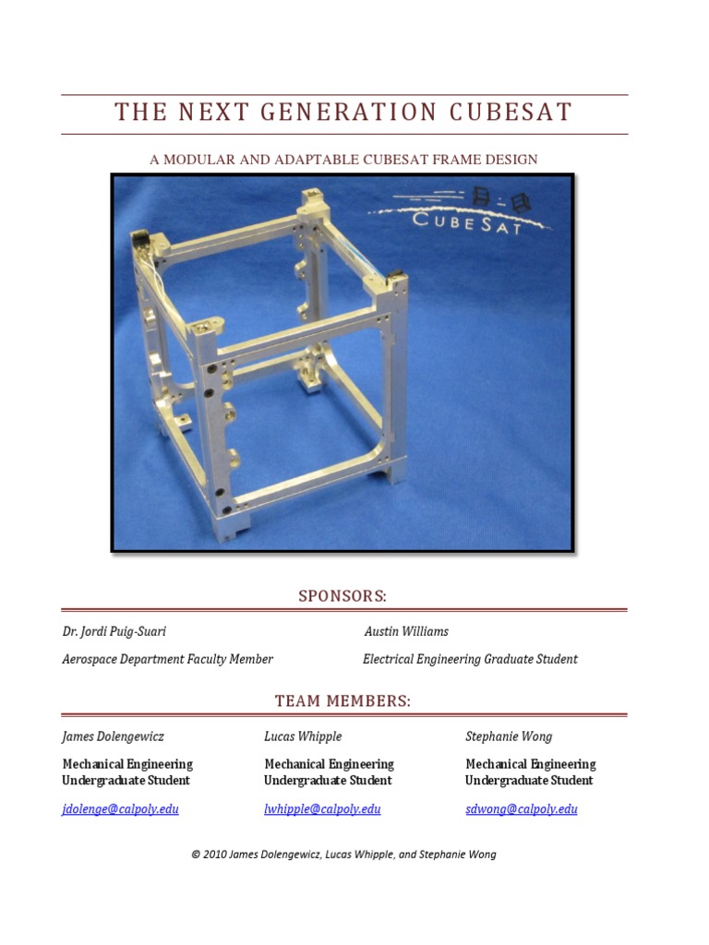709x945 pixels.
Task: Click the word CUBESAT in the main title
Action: pyautogui.click(x=511, y=113)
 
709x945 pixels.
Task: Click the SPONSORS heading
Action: pyautogui.click(x=342, y=596)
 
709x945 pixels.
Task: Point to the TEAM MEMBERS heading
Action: pyautogui.click(x=342, y=701)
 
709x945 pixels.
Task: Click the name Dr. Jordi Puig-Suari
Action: pyautogui.click(x=114, y=632)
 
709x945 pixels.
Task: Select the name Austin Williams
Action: pyautogui.click(x=406, y=632)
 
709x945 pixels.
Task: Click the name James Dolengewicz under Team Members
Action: pyautogui.click(x=114, y=736)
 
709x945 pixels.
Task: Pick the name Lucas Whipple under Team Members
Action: pyautogui.click(x=303, y=736)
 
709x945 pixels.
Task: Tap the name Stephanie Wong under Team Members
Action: pyautogui.click(x=509, y=736)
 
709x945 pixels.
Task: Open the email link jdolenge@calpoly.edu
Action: pyautogui.click(x=120, y=809)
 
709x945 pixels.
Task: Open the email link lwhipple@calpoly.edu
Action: pyautogui.click(x=322, y=809)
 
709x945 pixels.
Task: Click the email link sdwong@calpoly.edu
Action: pyautogui.click(x=522, y=809)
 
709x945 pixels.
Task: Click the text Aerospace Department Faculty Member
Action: pyautogui.click(x=167, y=659)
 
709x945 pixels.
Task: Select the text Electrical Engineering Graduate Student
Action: pyautogui.click(x=470, y=659)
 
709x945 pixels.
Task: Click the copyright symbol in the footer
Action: pyautogui.click(x=196, y=855)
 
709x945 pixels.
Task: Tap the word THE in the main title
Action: pyautogui.click(x=141, y=113)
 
